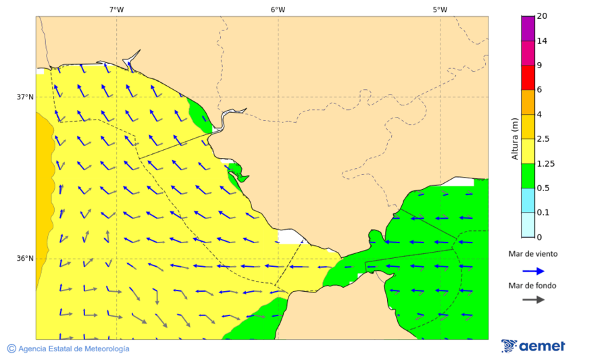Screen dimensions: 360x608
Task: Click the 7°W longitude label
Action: point(116,9)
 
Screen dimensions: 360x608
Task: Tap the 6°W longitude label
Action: point(278,9)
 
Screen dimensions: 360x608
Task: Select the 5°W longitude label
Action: point(440,9)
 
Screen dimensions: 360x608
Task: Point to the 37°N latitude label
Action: point(25,97)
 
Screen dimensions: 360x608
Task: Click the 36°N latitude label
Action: point(25,258)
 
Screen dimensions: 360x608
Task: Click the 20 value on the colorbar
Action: point(542,16)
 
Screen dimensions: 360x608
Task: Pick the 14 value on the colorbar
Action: point(542,41)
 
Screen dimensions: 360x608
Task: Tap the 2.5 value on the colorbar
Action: point(543,138)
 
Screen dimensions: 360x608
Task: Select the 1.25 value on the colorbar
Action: point(545,163)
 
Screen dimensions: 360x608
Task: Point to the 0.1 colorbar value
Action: point(543,212)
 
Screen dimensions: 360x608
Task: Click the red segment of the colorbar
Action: point(528,77)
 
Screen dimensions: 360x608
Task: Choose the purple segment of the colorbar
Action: point(528,28)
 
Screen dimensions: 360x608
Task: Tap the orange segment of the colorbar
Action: point(528,102)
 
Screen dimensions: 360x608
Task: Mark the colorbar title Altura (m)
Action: point(515,138)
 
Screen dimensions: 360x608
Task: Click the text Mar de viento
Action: point(533,254)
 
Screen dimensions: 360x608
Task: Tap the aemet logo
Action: point(534,346)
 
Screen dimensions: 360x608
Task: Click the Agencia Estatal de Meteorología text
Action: point(74,349)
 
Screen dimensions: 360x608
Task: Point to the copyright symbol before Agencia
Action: point(11,349)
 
